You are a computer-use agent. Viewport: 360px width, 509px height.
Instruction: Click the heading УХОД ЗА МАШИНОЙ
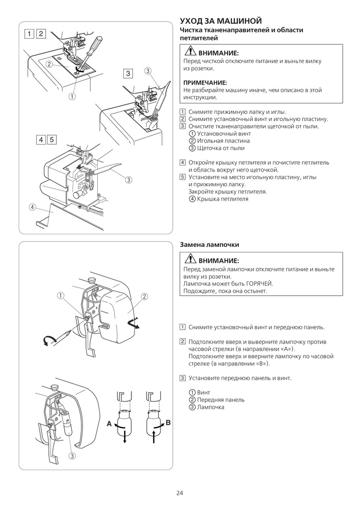(x=221, y=21)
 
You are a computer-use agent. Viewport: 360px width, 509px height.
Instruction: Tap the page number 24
(x=180, y=493)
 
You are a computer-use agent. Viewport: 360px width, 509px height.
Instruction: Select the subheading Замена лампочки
(x=210, y=245)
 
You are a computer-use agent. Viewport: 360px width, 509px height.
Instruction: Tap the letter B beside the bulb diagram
(x=169, y=423)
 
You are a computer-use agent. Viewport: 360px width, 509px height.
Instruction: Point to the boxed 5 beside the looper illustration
(x=52, y=139)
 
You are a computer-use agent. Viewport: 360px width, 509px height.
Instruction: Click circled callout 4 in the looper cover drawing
(x=33, y=207)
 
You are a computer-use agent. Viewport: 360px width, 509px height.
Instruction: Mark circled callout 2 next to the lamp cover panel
(x=144, y=296)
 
